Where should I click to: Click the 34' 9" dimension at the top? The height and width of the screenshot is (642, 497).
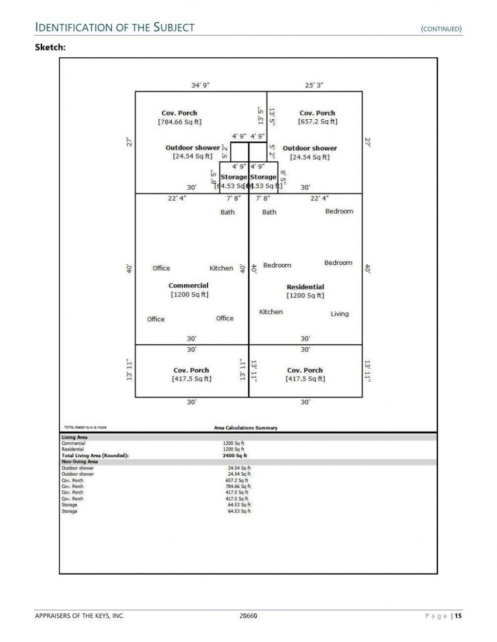(200, 85)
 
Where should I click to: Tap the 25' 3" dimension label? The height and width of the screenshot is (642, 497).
(314, 85)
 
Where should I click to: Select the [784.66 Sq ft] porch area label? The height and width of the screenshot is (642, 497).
(180, 122)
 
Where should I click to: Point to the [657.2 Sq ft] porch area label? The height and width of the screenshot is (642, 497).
(317, 122)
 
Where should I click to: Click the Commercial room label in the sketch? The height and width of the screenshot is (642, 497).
(188, 286)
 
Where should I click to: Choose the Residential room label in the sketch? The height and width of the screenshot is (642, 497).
(305, 287)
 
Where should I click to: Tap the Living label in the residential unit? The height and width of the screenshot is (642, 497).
(340, 314)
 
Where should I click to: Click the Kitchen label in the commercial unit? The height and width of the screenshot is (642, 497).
(221, 268)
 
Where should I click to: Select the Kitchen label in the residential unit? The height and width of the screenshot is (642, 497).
(271, 312)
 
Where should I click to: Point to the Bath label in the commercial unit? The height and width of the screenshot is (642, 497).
(227, 212)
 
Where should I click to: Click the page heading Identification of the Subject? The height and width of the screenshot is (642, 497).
(115, 28)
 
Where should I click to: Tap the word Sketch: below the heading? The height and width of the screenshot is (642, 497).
(50, 47)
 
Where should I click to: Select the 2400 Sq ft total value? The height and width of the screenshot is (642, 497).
(235, 455)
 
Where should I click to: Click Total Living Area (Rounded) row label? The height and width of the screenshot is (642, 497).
(95, 455)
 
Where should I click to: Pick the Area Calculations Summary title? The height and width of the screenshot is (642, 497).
(246, 428)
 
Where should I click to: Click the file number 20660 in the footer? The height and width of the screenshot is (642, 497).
(248, 616)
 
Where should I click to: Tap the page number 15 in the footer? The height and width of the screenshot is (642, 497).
(458, 616)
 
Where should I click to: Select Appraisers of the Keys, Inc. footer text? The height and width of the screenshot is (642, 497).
(80, 616)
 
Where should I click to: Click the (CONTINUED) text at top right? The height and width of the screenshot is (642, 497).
(441, 29)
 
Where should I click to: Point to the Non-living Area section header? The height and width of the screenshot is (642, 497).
(80, 462)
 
